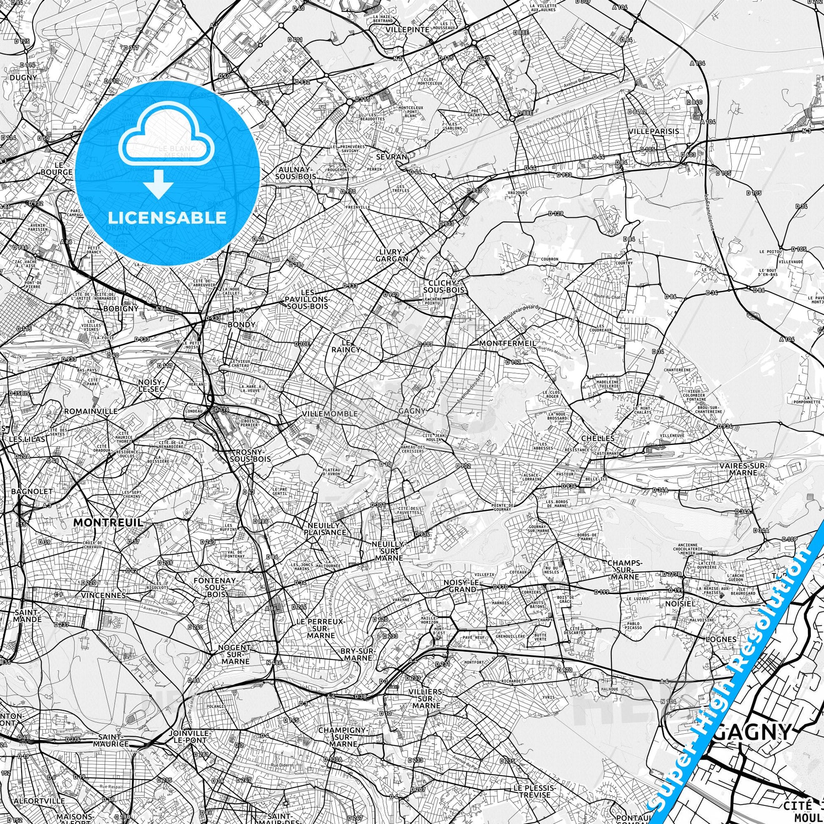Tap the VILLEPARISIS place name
pyautogui.click(x=653, y=131)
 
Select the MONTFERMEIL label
pyautogui.click(x=508, y=343)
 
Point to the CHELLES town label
pyautogui.click(x=597, y=438)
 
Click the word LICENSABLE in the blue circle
pyautogui.click(x=167, y=218)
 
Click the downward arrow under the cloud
pyautogui.click(x=158, y=184)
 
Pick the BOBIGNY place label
pyautogui.click(x=121, y=308)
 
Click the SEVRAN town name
pyautogui.click(x=391, y=157)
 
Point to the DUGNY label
pyautogui.click(x=23, y=77)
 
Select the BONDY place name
pyautogui.click(x=241, y=325)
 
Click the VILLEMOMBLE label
pyautogui.click(x=329, y=414)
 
